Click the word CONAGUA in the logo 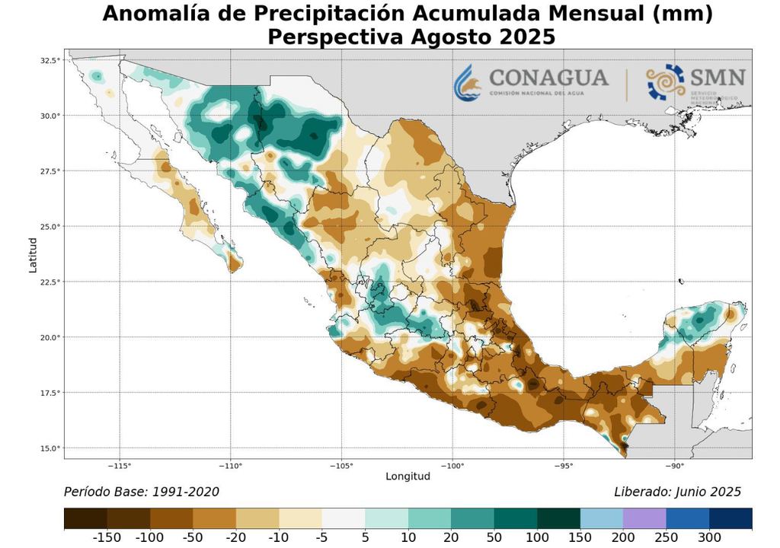(548, 78)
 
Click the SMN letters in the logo (717, 78)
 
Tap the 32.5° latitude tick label (50, 60)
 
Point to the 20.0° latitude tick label (50, 337)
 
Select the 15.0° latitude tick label (50, 448)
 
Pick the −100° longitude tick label (452, 466)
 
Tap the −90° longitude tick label (674, 466)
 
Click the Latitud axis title (33, 254)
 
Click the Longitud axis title (408, 476)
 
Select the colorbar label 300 (709, 538)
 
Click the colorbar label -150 (107, 538)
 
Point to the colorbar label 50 (494, 538)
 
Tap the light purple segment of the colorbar (644, 518)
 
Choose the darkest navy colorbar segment (730, 518)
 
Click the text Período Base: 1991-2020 (142, 492)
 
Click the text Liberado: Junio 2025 (677, 492)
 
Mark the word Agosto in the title (452, 36)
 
